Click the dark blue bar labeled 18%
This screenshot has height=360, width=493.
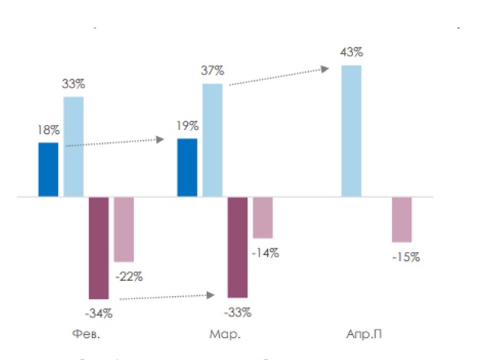point(48,170)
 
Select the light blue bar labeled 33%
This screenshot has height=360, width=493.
point(73,147)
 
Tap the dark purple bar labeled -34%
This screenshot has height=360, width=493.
point(99,247)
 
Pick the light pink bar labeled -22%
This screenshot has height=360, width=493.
point(124,229)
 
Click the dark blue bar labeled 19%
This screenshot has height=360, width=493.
point(187,167)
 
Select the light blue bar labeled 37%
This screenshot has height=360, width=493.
point(212,140)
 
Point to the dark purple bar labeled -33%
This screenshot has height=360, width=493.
point(237,247)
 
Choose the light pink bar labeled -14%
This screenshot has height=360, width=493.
point(262,218)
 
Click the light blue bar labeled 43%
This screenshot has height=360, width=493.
point(351,131)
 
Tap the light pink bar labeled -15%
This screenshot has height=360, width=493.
point(402,219)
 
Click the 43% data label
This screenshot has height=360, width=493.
point(352,52)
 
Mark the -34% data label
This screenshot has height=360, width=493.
point(99,312)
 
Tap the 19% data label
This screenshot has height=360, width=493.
point(187,126)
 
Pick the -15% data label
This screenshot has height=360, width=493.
point(406,257)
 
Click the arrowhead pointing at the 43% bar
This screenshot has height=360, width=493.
point(325,68)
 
